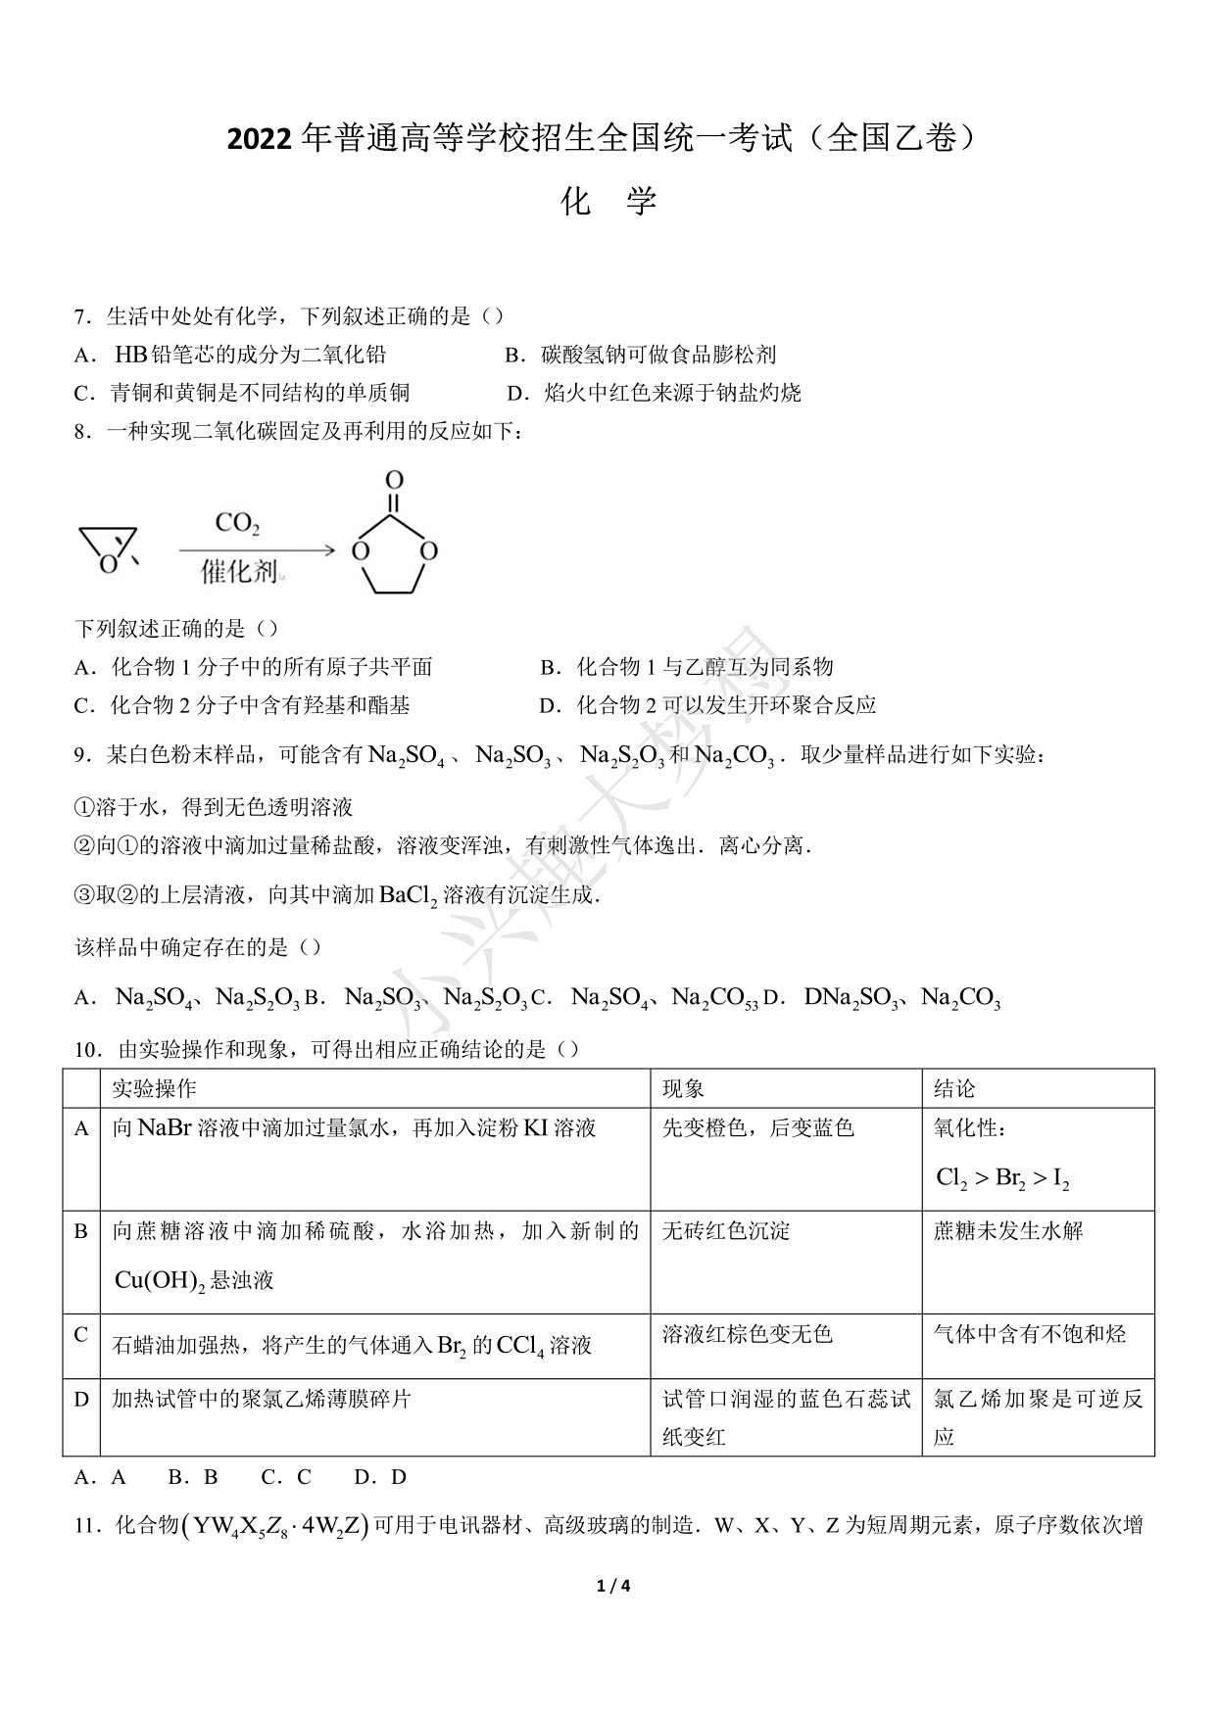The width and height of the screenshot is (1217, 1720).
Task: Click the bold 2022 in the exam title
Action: [x=259, y=140]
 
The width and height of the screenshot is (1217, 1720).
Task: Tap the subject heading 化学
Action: [x=608, y=202]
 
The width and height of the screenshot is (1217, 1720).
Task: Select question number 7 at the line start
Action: [x=82, y=316]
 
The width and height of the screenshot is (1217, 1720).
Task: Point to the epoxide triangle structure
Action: [x=107, y=547]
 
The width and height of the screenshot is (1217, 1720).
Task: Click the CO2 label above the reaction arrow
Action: [x=237, y=524]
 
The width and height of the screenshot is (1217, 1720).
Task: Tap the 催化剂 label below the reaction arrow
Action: [x=239, y=571]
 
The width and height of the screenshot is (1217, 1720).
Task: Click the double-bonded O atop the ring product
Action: [x=394, y=480]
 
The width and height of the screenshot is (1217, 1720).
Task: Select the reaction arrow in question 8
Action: [x=257, y=550]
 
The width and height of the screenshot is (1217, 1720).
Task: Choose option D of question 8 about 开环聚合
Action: [x=706, y=705]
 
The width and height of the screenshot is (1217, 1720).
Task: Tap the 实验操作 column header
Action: [x=154, y=1088]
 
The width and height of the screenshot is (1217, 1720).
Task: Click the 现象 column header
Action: [x=683, y=1088]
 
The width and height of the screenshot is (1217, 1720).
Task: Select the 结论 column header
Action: [x=954, y=1088]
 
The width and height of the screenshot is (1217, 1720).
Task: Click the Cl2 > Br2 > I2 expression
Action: [x=1001, y=1178]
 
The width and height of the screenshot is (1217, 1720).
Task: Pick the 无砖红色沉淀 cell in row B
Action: [x=726, y=1231]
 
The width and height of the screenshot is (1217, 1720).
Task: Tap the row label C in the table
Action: [x=81, y=1334]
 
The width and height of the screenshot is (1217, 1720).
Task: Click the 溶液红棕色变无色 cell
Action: [x=747, y=1334]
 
